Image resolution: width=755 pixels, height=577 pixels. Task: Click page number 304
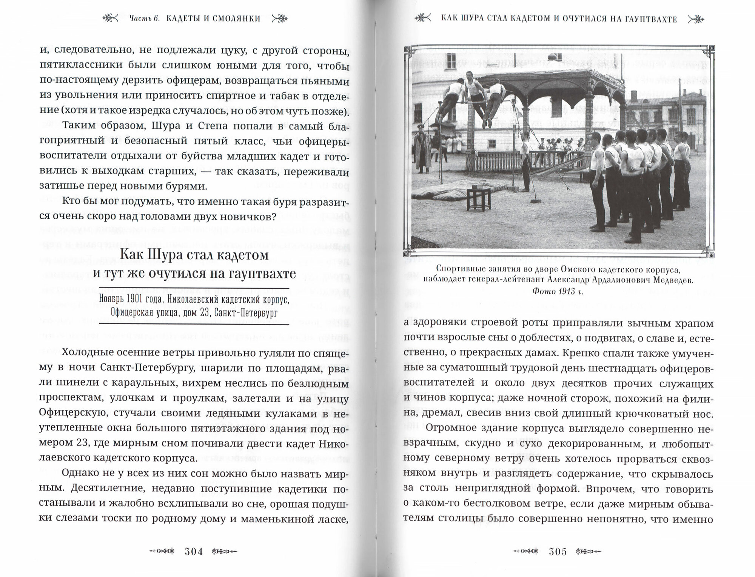pos(194,551)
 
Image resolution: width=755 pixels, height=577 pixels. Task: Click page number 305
pos(558,551)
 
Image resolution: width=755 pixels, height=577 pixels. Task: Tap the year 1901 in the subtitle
pos(138,299)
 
